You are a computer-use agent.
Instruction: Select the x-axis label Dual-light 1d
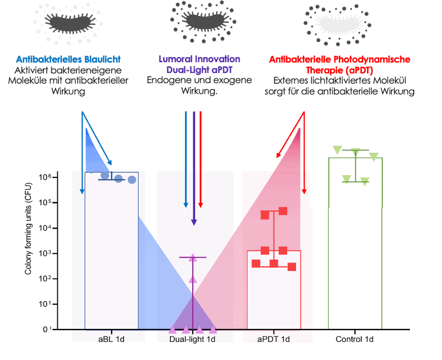click(x=193, y=339)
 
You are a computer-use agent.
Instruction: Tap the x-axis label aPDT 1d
click(x=274, y=339)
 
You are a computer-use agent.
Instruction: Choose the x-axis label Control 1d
click(x=355, y=339)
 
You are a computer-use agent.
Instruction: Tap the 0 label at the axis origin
click(x=44, y=330)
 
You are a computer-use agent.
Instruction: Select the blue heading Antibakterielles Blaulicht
click(x=68, y=59)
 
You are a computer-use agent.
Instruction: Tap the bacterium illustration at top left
click(x=68, y=23)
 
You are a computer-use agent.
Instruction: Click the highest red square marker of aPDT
click(x=283, y=211)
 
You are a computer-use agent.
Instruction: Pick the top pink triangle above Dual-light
click(x=193, y=258)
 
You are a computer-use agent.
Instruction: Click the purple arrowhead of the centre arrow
click(x=194, y=222)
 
